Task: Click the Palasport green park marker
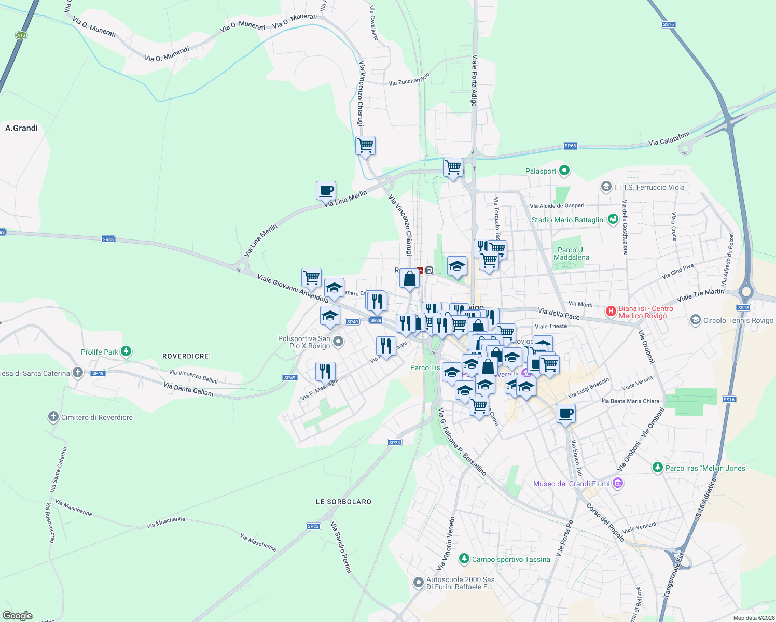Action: (x=564, y=171)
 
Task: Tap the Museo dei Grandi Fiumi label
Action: (x=572, y=484)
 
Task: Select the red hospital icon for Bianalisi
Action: (x=611, y=312)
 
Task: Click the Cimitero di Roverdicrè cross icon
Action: (x=53, y=417)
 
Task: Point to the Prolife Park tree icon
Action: (x=126, y=351)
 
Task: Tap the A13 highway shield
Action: (x=21, y=35)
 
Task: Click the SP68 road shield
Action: (x=570, y=146)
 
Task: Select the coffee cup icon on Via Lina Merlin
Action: (x=326, y=191)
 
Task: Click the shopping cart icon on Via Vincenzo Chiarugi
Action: (x=365, y=146)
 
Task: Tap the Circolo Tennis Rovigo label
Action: (x=738, y=320)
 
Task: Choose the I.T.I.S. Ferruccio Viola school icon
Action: (x=606, y=187)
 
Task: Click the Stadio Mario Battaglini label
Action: (x=568, y=220)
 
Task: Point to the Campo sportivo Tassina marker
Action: (x=464, y=559)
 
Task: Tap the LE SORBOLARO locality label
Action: (x=343, y=502)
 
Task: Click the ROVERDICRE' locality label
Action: (x=186, y=356)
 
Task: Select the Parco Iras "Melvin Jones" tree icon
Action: (x=658, y=468)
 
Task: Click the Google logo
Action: (x=17, y=615)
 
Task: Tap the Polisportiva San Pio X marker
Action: (x=338, y=341)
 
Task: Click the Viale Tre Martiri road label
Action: (x=700, y=295)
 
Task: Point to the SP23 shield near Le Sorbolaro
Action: (x=313, y=526)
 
